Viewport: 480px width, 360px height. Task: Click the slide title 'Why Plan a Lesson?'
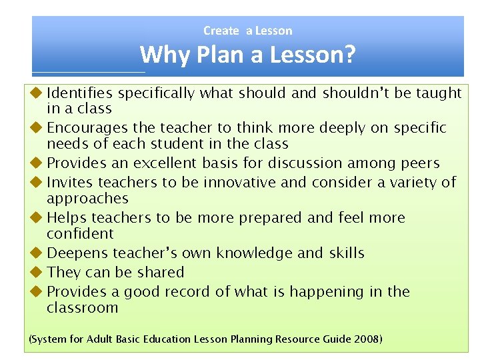(x=247, y=55)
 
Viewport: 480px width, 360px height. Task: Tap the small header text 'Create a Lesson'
(x=247, y=31)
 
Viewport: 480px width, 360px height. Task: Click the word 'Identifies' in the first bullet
(x=79, y=93)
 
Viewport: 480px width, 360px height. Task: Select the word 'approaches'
(x=87, y=199)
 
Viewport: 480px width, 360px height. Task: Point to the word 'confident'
(x=80, y=234)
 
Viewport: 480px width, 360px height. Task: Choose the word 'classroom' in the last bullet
(x=82, y=308)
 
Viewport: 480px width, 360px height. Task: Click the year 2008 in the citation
(x=366, y=339)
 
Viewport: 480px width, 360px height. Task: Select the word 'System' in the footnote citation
(x=48, y=339)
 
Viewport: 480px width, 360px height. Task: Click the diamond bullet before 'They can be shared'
(x=37, y=272)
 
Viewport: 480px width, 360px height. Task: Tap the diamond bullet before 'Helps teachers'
(x=37, y=217)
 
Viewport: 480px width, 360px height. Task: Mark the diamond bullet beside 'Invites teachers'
(x=37, y=182)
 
